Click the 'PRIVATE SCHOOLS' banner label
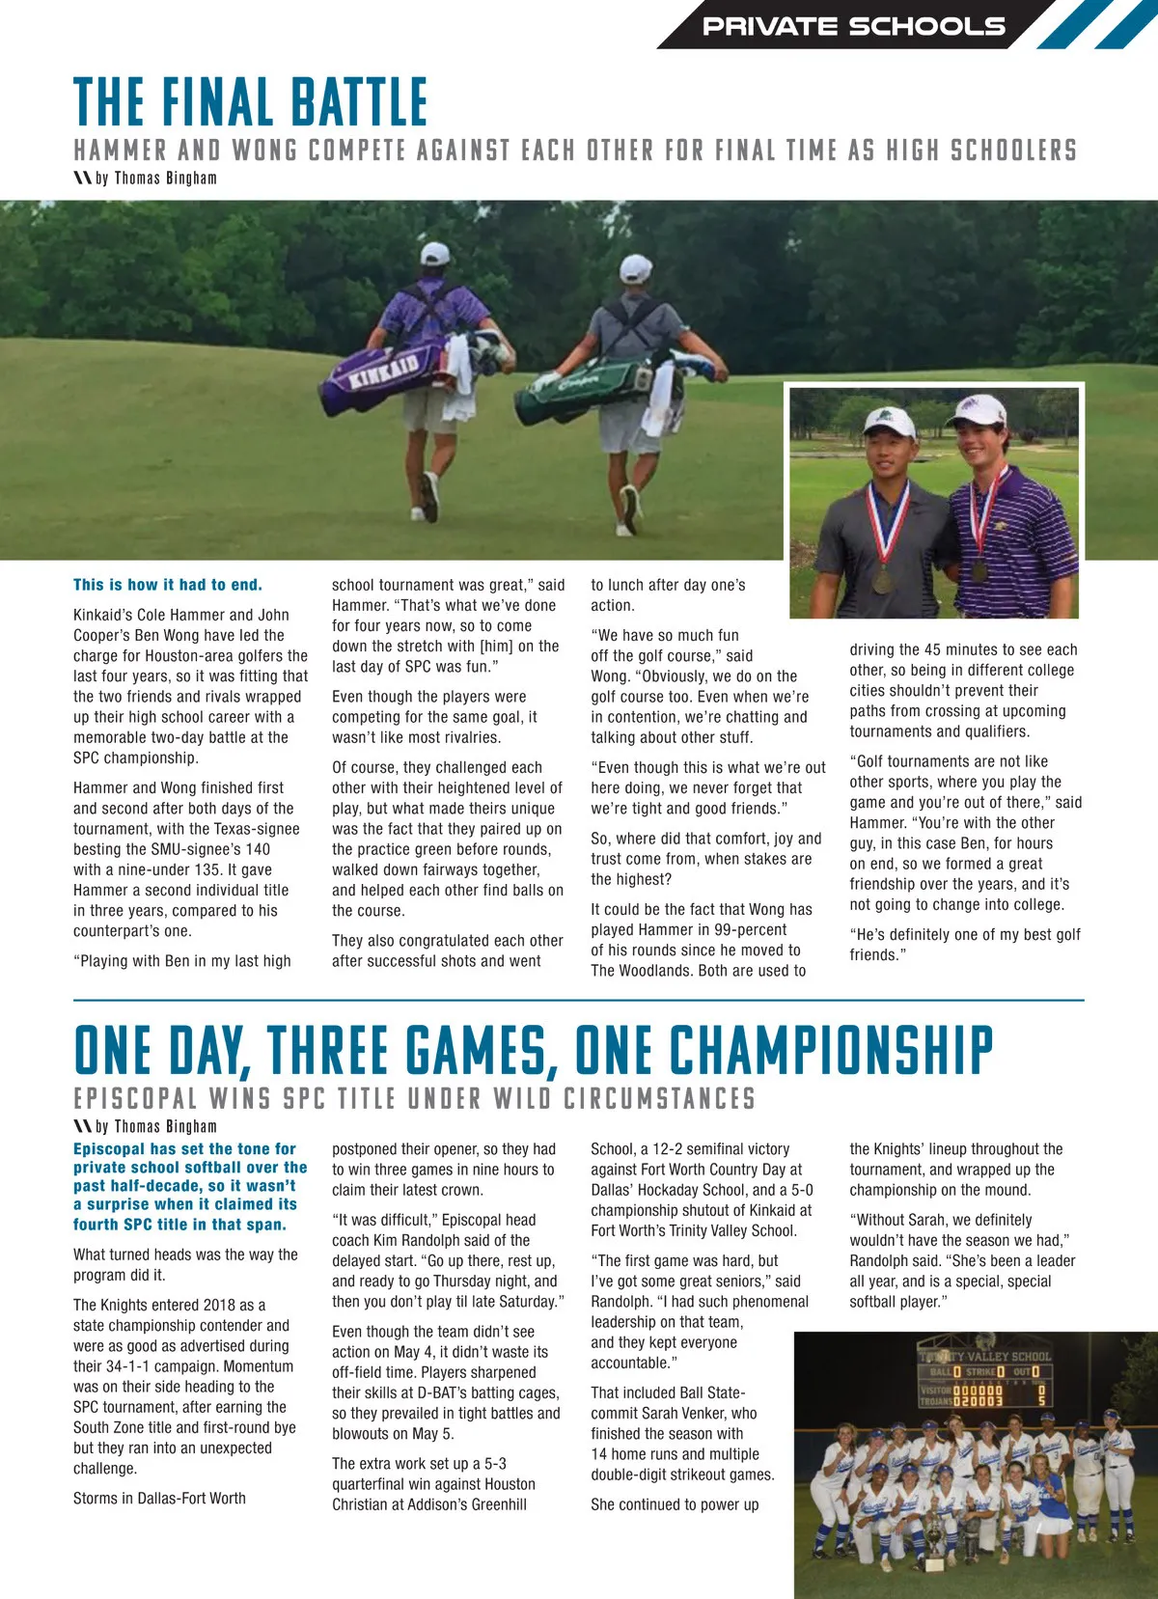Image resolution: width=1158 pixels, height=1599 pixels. [853, 26]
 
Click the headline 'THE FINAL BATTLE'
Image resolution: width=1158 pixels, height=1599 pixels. [251, 102]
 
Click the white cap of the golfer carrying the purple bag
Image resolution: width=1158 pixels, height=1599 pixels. [434, 254]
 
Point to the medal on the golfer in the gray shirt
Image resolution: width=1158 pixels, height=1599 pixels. [882, 579]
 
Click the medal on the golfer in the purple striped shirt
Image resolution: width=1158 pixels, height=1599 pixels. [979, 569]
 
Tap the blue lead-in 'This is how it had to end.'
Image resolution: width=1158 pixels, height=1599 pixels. [168, 585]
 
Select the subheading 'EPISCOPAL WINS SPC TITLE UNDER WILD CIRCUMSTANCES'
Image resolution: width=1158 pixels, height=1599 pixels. [414, 1099]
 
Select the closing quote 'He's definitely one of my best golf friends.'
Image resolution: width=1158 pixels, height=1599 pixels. [965, 944]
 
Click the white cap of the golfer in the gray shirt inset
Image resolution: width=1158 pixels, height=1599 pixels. [888, 421]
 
